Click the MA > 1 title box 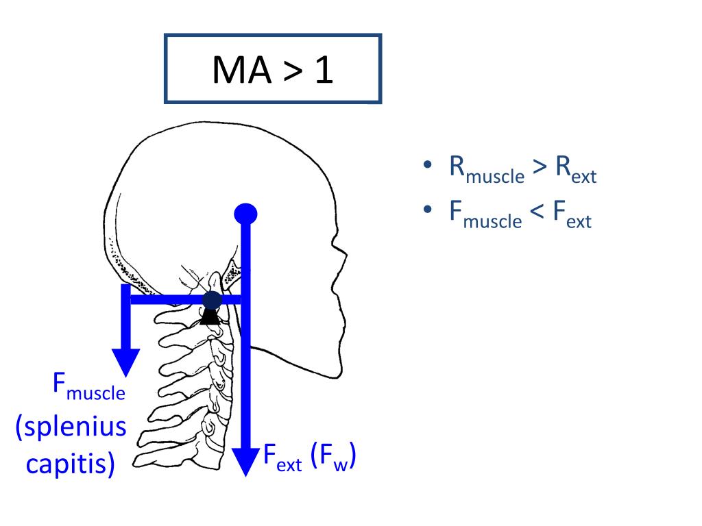pos(273,68)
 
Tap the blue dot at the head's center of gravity pos(245,214)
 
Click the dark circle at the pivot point pos(213,300)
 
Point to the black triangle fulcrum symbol pos(211,316)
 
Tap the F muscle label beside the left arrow pos(89,387)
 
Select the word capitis pos(70,464)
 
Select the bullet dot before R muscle pos(427,166)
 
